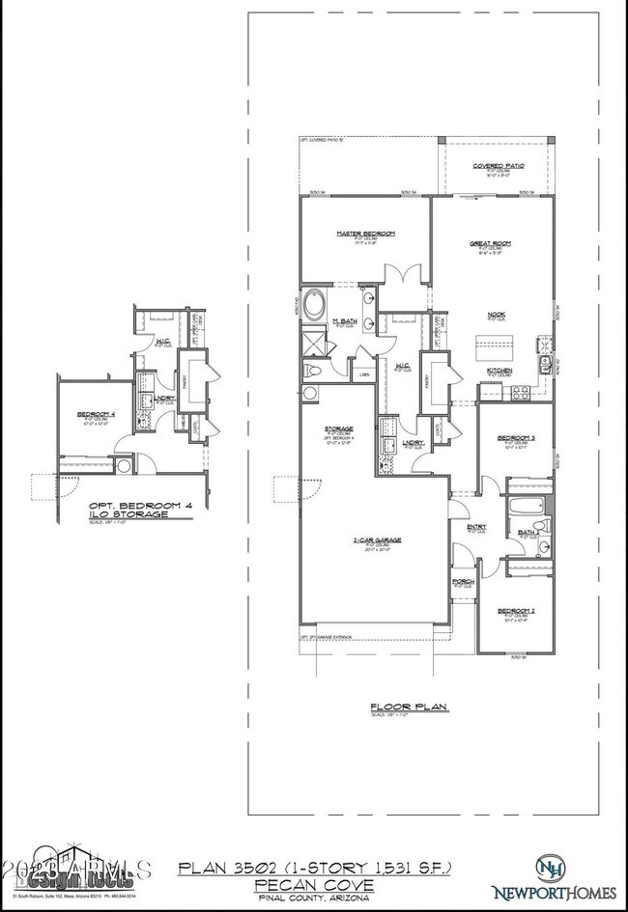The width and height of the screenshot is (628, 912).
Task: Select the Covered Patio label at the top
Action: (499, 166)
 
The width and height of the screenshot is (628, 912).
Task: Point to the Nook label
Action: (498, 314)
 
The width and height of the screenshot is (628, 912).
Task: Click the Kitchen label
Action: (500, 371)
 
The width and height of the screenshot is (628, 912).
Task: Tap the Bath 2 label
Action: (528, 531)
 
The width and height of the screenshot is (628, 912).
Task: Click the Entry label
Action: (476, 527)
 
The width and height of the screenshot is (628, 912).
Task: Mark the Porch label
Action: (463, 581)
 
